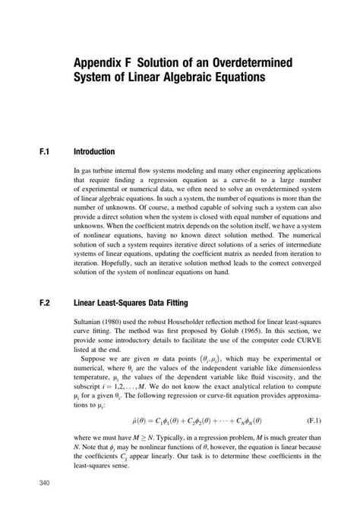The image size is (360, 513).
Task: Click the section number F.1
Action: pos(43,152)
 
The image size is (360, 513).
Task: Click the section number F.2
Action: pos(43,302)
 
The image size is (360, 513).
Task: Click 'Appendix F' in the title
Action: pos(99,61)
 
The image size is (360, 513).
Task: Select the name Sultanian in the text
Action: pos(88,321)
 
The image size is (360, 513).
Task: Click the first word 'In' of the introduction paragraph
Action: pos(77,172)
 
